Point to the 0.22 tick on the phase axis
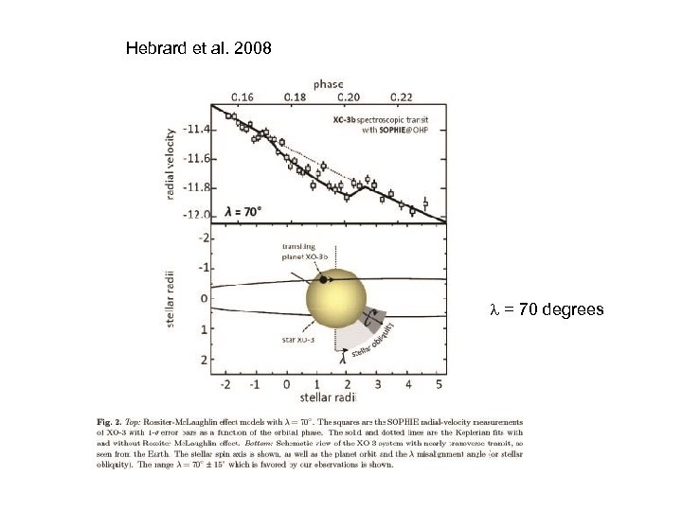401,96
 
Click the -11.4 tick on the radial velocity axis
196,127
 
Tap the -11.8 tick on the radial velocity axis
196,186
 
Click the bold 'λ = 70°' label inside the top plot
242,212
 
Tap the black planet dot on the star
324,280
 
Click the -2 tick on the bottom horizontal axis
224,385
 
